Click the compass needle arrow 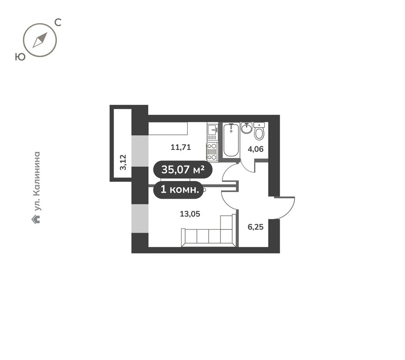(x=40, y=40)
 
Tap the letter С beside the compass (x=58, y=22)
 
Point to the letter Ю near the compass (x=20, y=57)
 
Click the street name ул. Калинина (x=37, y=181)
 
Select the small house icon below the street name (x=36, y=219)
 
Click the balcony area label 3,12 (x=123, y=162)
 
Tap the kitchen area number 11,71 (x=181, y=147)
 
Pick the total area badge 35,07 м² (x=183, y=170)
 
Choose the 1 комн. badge (x=180, y=190)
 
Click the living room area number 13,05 (x=190, y=214)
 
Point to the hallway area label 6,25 (x=255, y=227)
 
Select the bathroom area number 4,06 (x=255, y=149)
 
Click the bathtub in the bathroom (x=231, y=140)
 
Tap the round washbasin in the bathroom (x=247, y=128)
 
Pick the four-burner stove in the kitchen (x=212, y=151)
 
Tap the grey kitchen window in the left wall (x=140, y=151)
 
